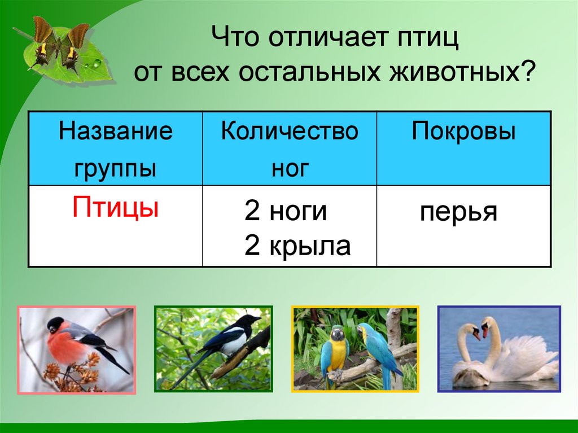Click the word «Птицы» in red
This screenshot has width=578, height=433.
pyautogui.click(x=115, y=208)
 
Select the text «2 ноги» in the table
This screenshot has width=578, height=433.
pyautogui.click(x=286, y=212)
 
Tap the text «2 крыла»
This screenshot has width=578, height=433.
pyautogui.click(x=297, y=246)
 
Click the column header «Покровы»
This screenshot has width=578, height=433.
pyautogui.click(x=463, y=132)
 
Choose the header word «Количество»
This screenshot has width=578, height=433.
pyautogui.click(x=290, y=132)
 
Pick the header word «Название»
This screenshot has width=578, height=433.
pyautogui.click(x=116, y=132)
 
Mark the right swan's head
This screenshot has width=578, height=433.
pyautogui.click(x=487, y=325)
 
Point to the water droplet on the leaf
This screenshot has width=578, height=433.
pyautogui.click(x=97, y=63)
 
